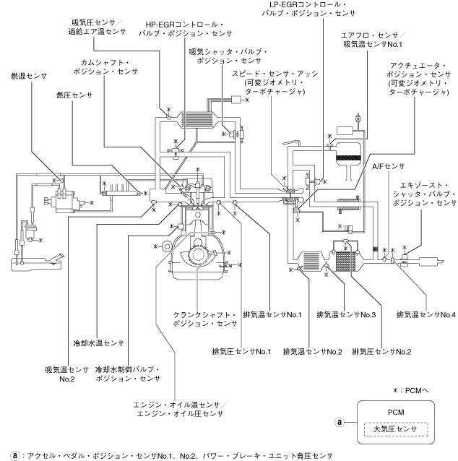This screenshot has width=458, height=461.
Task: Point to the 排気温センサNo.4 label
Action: tap(426, 314)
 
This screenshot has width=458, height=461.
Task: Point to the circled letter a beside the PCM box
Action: tap(338, 421)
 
